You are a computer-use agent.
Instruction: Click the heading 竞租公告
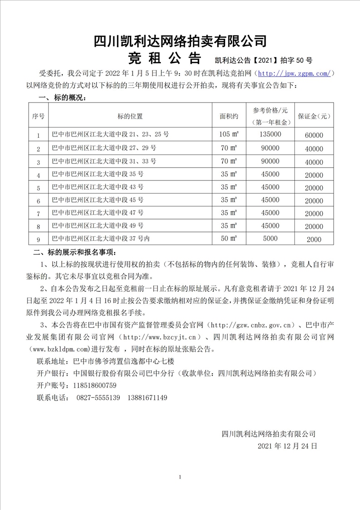click(165, 59)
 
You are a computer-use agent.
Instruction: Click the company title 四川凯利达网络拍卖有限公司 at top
click(180, 40)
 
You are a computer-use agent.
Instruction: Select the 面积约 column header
click(229, 115)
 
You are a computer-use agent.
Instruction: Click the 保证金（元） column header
click(314, 115)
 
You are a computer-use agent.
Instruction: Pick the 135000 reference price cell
click(270, 135)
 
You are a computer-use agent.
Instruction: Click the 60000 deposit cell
click(314, 135)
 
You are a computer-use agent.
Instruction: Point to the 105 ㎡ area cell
click(229, 135)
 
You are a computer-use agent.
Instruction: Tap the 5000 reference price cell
click(270, 239)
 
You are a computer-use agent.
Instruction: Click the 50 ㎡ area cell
click(229, 239)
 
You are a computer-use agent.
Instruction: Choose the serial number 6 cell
click(38, 201)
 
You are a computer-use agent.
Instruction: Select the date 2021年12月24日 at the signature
click(287, 445)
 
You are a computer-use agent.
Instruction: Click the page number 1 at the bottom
click(180, 478)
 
